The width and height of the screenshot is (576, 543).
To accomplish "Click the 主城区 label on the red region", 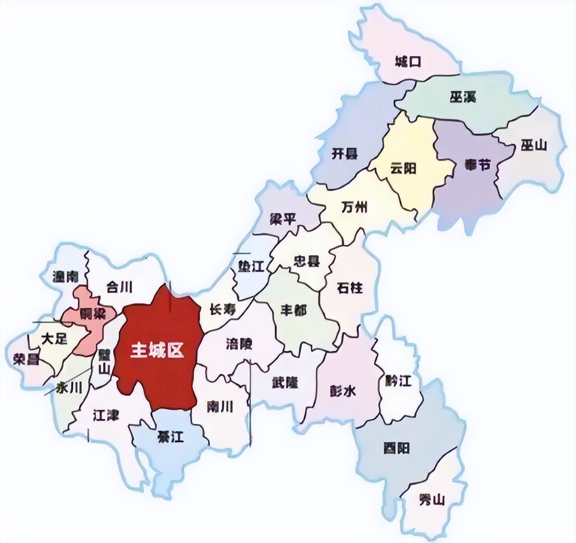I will point(157,351).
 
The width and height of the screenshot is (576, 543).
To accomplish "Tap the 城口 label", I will point(408,61).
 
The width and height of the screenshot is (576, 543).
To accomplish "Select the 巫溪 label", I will point(463,97).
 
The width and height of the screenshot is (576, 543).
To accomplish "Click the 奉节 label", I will point(477,165).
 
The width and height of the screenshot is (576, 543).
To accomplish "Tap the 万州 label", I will point(354,207).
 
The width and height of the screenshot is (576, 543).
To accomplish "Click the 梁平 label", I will point(283,219).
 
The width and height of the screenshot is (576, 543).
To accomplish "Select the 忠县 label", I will point(306,261).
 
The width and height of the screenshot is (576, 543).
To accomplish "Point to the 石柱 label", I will point(350,287).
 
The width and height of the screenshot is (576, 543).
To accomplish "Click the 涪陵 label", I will point(239,344).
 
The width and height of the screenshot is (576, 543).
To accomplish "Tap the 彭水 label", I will point(343,391).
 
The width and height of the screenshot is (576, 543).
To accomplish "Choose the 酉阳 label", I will point(396,448).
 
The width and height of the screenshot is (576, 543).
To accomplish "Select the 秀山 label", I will point(431,499).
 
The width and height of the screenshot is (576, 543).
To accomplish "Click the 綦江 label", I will point(171,436).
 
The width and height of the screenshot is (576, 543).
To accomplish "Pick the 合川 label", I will point(119,287).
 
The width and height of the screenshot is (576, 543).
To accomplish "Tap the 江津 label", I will point(106,415).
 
